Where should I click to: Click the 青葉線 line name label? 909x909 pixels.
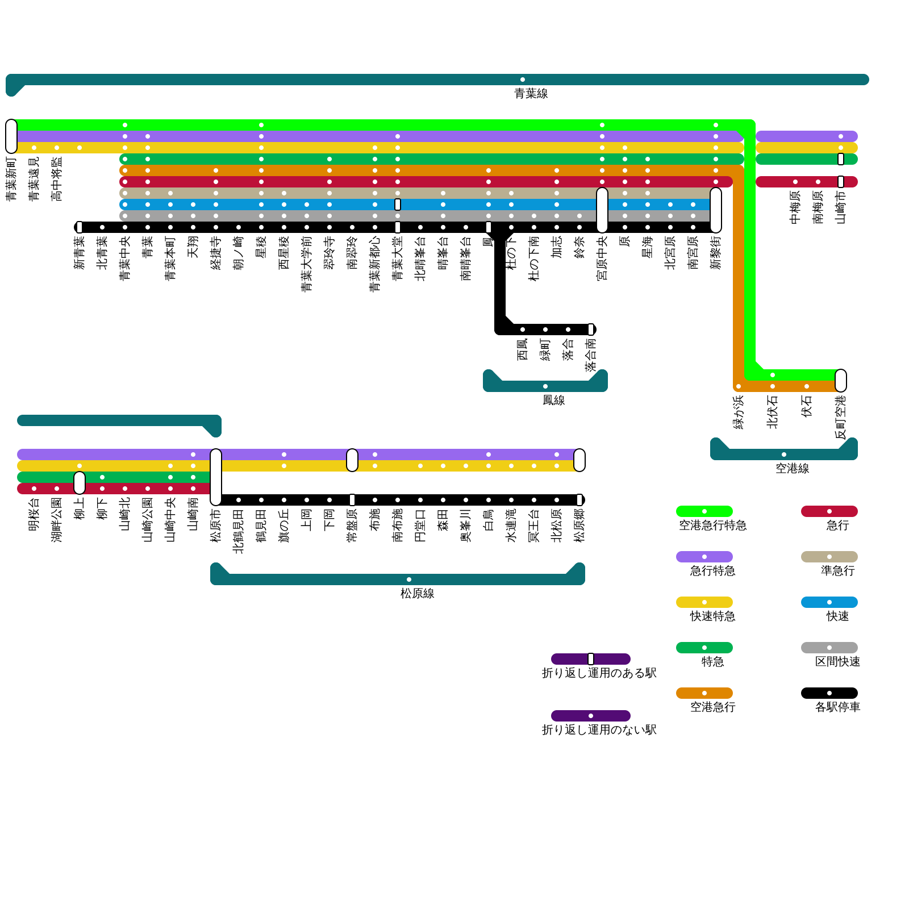click(x=531, y=94)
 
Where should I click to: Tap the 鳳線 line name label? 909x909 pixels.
click(x=554, y=401)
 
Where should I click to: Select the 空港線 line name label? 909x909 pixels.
click(x=793, y=469)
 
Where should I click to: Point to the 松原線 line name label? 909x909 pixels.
click(x=418, y=594)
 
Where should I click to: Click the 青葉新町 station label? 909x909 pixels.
click(x=11, y=180)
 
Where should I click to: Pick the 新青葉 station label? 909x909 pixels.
click(x=80, y=253)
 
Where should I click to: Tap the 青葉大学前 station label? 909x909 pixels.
click(x=307, y=265)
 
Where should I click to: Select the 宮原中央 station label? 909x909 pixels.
click(x=602, y=259)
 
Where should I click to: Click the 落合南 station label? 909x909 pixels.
click(x=591, y=356)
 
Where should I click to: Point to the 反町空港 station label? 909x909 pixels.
click(x=841, y=418)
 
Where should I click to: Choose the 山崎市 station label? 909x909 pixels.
click(x=841, y=208)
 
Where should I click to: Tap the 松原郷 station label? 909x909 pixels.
click(x=579, y=526)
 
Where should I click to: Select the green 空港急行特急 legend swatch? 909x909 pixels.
click(x=704, y=511)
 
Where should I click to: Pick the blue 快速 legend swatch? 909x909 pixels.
click(x=829, y=602)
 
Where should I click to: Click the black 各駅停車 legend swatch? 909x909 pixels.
click(x=829, y=693)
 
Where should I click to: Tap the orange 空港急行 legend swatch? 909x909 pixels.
click(x=704, y=693)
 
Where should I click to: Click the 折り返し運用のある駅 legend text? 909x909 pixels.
click(x=599, y=673)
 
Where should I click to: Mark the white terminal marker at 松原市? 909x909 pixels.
click(x=216, y=477)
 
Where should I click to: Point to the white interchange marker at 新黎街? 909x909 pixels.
click(x=716, y=210)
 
